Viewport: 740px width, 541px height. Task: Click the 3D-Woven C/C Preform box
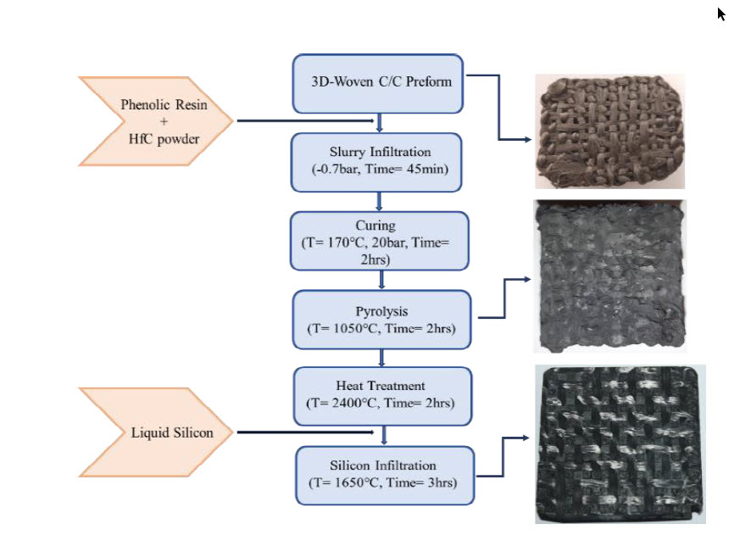coord(377,84)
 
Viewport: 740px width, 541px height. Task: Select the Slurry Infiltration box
coord(376,163)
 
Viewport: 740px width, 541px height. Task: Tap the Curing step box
coord(380,241)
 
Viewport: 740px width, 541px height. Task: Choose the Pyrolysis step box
coord(381,320)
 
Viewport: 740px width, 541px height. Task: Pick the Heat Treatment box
coord(382,397)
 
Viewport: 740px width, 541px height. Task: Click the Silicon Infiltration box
coord(385,476)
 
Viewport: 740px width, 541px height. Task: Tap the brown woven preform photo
coord(609,131)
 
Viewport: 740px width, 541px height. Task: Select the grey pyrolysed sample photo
coord(609,276)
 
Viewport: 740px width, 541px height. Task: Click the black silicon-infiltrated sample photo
coord(620,443)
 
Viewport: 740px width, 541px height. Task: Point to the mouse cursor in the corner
coord(721,14)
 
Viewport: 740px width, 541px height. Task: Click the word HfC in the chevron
coord(141,139)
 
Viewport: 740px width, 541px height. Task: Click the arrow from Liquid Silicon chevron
coord(306,432)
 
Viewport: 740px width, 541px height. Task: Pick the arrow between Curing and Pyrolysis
coord(381,280)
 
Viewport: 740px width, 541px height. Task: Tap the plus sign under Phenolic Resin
coord(164,121)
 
